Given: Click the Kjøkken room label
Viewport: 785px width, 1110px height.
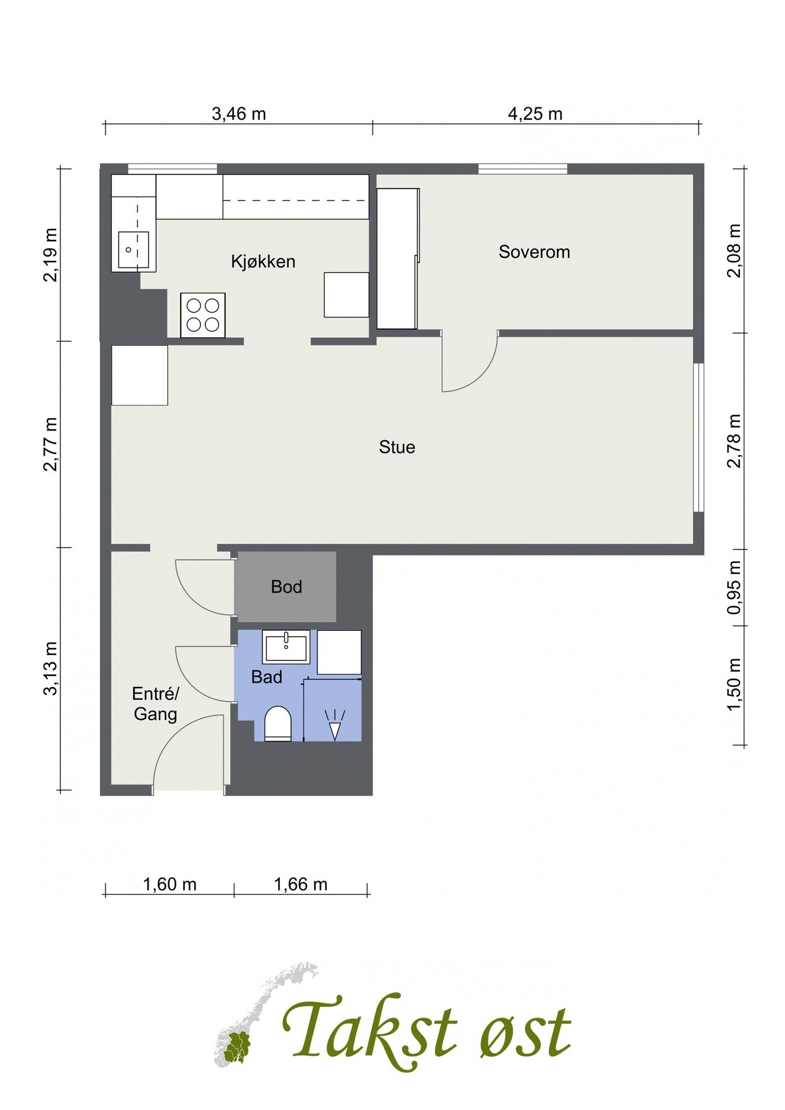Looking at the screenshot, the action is tap(263, 261).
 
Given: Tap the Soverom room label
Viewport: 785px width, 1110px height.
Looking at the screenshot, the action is tap(534, 252).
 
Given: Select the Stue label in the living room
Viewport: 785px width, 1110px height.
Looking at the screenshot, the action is tap(397, 447).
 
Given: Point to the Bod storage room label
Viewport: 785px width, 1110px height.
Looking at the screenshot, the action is tap(287, 586).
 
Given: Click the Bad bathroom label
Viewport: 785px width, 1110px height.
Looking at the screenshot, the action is tap(266, 677).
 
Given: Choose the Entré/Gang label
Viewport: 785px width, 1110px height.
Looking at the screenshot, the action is tap(155, 704).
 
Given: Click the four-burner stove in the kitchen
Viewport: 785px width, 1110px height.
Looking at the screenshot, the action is tap(202, 315).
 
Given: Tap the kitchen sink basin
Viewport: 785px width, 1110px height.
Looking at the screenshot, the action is tap(133, 250).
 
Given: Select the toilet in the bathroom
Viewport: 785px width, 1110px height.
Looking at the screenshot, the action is tap(277, 724).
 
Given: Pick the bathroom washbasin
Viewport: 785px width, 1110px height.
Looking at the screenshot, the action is tap(286, 646).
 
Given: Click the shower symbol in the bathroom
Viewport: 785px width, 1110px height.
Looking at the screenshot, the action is tap(334, 724).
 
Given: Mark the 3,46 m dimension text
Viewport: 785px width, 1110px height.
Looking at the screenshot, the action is tap(239, 114).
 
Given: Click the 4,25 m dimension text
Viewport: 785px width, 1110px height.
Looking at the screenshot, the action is tap(535, 114).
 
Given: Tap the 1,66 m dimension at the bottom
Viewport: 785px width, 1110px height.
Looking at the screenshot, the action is tap(300, 885).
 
